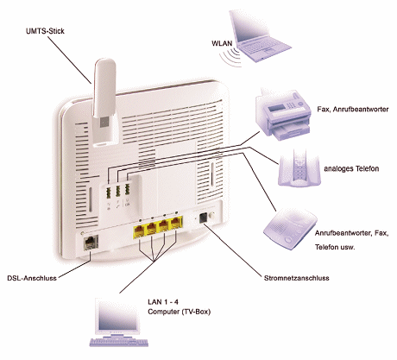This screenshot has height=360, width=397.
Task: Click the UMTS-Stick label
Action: click(x=45, y=31)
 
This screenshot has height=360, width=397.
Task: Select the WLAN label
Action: click(x=222, y=43)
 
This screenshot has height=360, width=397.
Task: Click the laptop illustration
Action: click(x=258, y=36)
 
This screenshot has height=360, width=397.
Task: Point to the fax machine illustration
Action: click(x=283, y=115)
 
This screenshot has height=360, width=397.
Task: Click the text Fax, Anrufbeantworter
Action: click(x=353, y=110)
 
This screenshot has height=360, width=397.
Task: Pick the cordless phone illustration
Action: click(x=299, y=168)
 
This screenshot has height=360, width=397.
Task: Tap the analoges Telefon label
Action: click(x=351, y=168)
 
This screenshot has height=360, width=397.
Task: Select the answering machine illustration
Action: click(x=290, y=228)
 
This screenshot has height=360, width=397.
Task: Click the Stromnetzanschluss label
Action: click(x=297, y=278)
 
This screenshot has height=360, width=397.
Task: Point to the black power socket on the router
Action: click(x=204, y=217)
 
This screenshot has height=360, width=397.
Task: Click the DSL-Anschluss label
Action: click(x=32, y=278)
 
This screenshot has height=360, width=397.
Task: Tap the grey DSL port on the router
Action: click(x=91, y=243)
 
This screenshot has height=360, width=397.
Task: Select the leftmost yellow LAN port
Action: click(x=139, y=231)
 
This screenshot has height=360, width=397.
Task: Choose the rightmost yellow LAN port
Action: click(x=176, y=224)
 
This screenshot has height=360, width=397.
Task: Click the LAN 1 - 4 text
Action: click(x=163, y=302)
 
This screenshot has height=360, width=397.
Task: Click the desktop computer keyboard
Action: click(x=119, y=342)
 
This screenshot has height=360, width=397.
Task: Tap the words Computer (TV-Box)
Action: click(x=180, y=312)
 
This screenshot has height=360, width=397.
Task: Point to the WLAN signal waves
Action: click(x=230, y=58)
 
